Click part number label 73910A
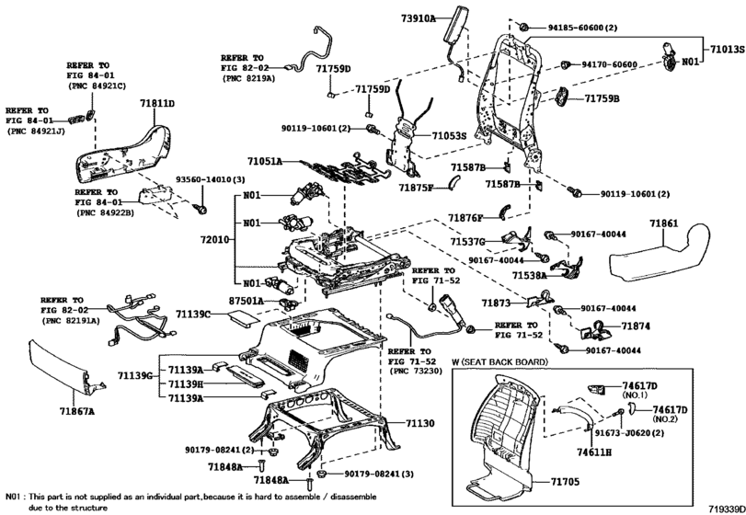coord(418,18)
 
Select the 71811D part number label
coord(157,103)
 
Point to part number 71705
coord(565,482)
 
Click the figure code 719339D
coord(726,509)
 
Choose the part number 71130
coord(420,423)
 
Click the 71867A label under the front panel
coord(77,411)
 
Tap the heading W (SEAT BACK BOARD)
coord(499,361)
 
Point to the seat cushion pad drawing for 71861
coord(660,253)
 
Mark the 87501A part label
coord(247,301)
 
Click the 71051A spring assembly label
coord(265,161)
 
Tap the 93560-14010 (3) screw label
coord(211,179)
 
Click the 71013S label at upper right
coord(728,49)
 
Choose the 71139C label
coord(193,314)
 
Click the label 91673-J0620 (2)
coord(629,433)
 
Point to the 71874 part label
coord(636,326)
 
